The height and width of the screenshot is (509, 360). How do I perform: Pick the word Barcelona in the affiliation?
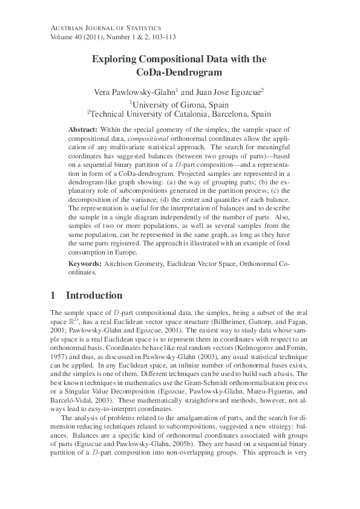pos(231,114)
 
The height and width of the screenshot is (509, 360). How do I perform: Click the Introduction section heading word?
pos(94,296)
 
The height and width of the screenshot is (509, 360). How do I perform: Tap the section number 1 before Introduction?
pos(53,296)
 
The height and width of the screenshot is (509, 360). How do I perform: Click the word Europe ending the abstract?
pos(125,252)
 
